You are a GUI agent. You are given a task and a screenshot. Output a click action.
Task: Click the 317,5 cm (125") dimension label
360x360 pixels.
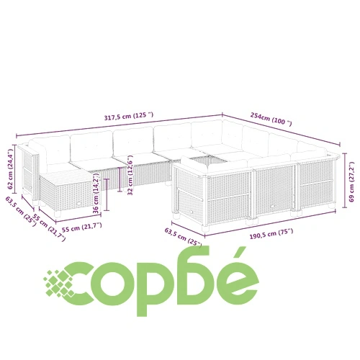point(129,116)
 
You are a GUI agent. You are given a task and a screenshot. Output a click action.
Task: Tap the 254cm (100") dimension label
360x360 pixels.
point(271,119)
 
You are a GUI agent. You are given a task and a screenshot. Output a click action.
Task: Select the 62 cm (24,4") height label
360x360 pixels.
point(10,169)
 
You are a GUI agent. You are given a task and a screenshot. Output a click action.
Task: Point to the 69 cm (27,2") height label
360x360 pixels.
point(351,182)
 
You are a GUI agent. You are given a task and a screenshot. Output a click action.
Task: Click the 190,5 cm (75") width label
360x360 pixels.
point(271,234)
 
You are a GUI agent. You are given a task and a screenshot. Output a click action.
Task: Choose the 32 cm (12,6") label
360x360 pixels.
point(130,175)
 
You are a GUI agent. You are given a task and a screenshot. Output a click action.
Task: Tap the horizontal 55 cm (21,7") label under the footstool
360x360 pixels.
point(82,228)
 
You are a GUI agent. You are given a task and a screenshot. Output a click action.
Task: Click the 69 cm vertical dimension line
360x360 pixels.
point(345,181)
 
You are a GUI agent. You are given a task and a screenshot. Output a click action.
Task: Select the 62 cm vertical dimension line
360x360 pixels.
point(15,168)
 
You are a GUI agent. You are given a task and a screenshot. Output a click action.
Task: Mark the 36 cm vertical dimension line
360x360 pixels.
point(107,194)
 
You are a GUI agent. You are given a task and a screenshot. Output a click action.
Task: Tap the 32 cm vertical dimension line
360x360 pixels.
point(120,179)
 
